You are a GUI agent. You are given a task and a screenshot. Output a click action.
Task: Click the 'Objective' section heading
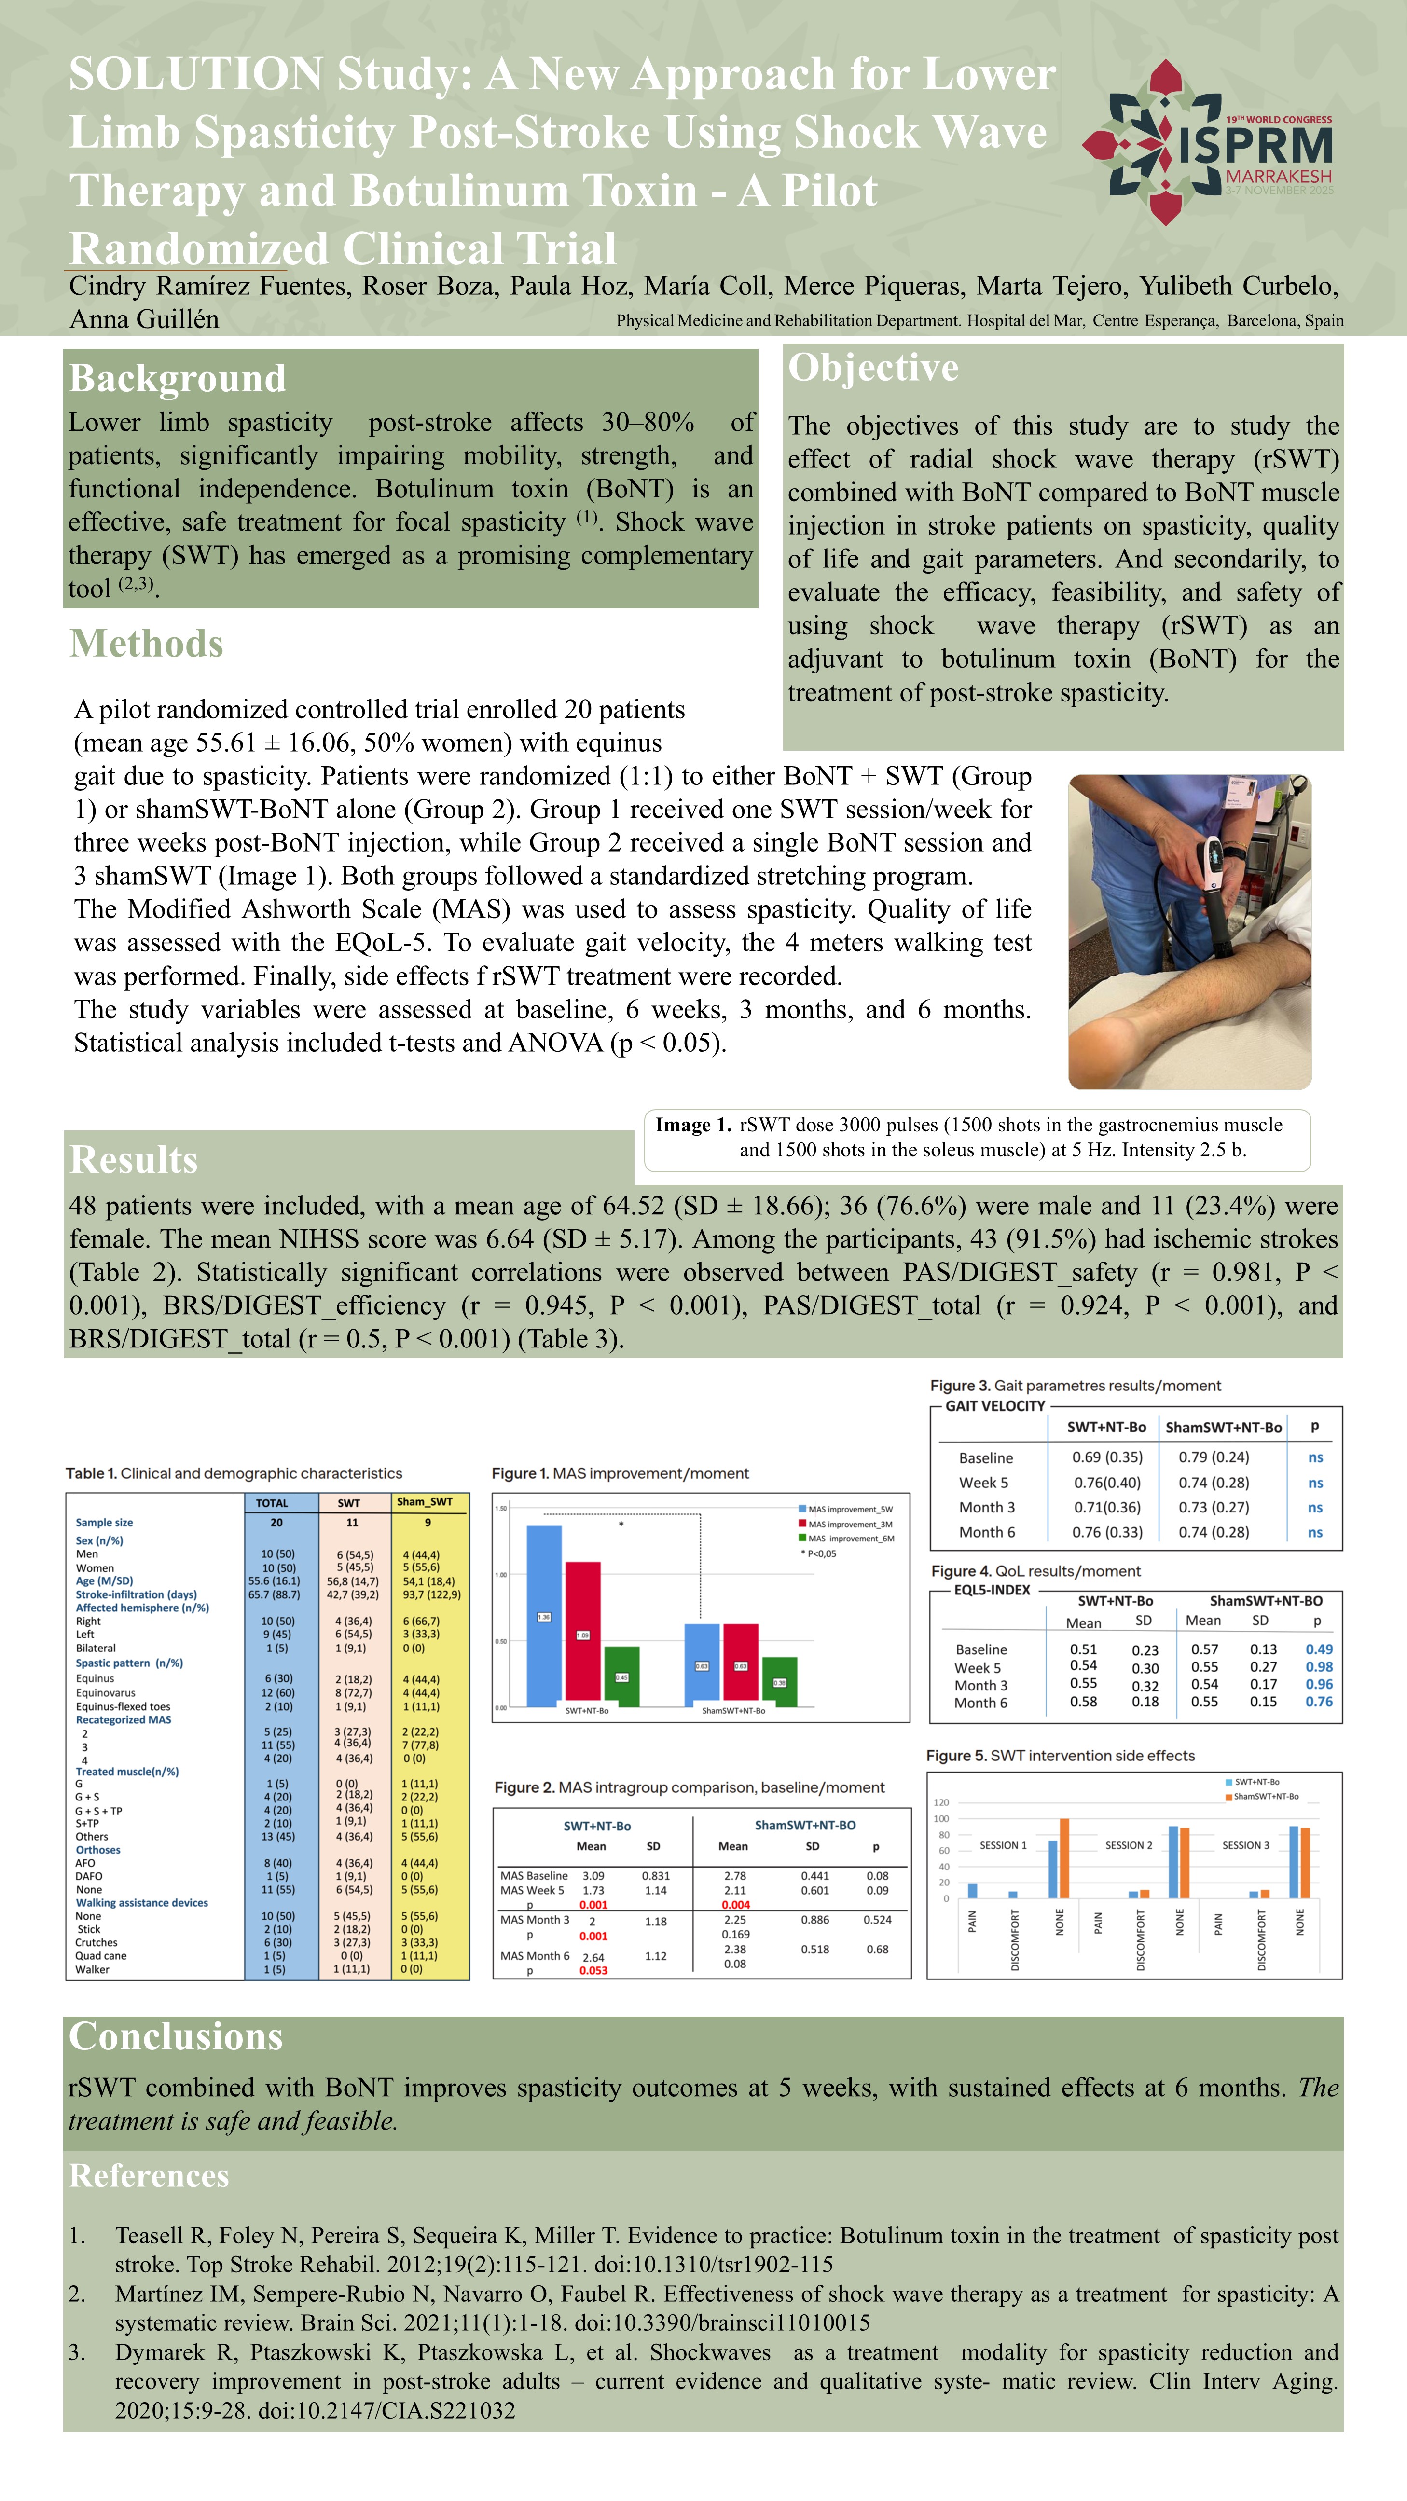coord(873,368)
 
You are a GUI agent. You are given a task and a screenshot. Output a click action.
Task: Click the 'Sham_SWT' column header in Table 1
coord(424,1502)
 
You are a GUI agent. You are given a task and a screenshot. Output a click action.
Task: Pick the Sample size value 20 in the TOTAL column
coord(277,1522)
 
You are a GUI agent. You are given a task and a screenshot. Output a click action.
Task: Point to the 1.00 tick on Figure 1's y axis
coord(501,1575)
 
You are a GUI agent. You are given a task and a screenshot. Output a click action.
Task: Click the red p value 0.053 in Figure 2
coord(593,1970)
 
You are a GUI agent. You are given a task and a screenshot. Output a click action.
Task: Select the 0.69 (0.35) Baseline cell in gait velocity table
coord(1107,1457)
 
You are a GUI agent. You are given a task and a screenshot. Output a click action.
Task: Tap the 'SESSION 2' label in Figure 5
coord(1128,1845)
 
